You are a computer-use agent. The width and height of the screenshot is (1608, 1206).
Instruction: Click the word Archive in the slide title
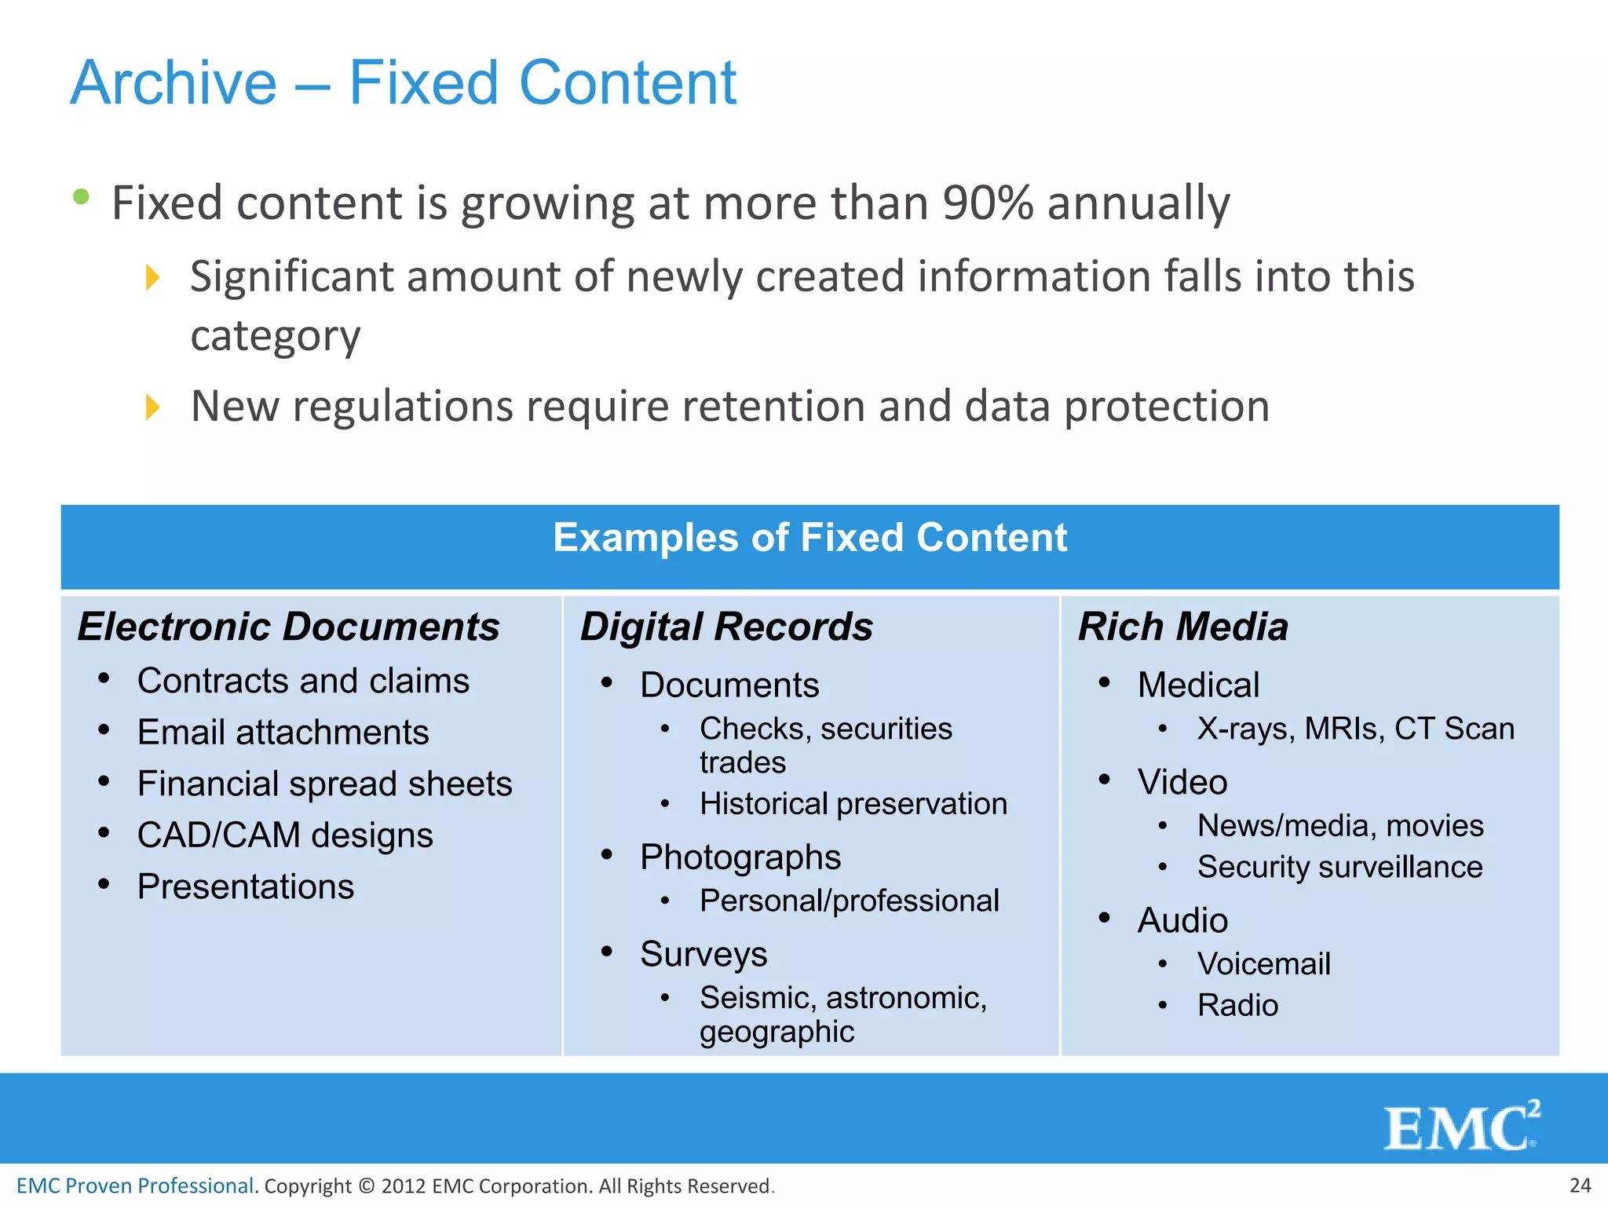click(x=174, y=83)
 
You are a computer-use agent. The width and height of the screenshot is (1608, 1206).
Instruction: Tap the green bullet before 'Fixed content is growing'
click(x=81, y=197)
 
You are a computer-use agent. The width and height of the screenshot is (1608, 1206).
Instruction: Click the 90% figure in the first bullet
click(x=988, y=203)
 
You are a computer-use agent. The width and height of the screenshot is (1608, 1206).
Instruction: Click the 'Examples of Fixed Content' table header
click(x=809, y=539)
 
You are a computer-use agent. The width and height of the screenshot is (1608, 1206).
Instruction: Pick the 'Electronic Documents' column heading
click(x=288, y=627)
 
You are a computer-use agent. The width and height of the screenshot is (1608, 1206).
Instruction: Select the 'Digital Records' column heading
click(x=726, y=627)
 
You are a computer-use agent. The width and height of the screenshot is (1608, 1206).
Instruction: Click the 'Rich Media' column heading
click(x=1182, y=627)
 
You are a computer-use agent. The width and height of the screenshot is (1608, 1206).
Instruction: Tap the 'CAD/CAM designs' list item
click(x=285, y=835)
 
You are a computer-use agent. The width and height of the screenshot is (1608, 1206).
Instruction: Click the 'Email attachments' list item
click(x=283, y=733)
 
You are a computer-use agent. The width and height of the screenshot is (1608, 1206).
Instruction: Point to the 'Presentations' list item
click(x=245, y=887)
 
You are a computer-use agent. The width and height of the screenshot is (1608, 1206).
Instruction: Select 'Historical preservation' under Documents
click(x=853, y=804)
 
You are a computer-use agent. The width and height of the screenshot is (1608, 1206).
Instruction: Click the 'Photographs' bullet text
click(x=740, y=857)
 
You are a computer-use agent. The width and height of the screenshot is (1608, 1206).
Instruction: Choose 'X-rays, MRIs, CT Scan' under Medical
click(x=1355, y=729)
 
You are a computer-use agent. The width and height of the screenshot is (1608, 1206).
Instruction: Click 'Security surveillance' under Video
click(x=1339, y=868)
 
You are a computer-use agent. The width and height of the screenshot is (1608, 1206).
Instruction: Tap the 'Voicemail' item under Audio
click(x=1263, y=964)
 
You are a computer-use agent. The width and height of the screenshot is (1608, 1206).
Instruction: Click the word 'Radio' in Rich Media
click(x=1237, y=1006)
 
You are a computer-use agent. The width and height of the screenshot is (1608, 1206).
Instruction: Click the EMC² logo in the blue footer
click(x=1461, y=1127)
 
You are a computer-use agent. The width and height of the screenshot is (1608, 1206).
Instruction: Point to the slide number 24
click(x=1580, y=1186)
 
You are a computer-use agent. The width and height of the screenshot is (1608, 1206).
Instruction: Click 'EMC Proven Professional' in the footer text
click(x=135, y=1186)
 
